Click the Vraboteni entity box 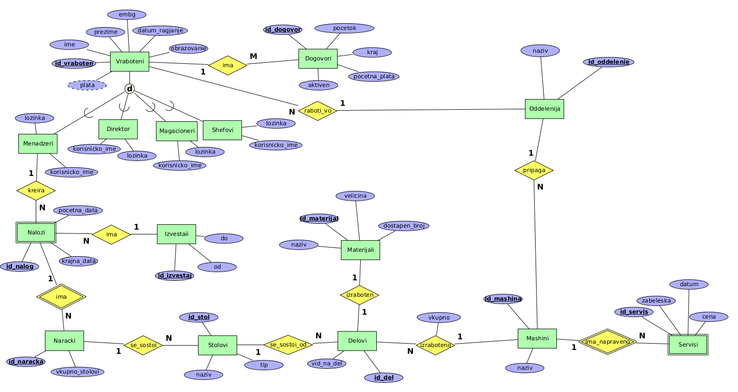[129, 62]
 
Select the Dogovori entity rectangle [318, 59]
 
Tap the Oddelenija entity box [544, 109]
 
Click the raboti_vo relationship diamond [317, 111]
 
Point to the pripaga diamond [534, 170]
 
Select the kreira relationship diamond [36, 190]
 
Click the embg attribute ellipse [127, 15]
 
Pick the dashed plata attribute [87, 85]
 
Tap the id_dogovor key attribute [283, 29]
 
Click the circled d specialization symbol [129, 88]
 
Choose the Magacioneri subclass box [177, 131]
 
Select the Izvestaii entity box [176, 234]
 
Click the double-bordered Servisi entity [688, 345]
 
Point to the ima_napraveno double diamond [607, 342]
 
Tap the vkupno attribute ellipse [439, 318]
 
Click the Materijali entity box [360, 250]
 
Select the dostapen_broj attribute [403, 226]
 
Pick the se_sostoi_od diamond [288, 345]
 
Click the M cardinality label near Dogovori [254, 56]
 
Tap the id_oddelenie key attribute [609, 62]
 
